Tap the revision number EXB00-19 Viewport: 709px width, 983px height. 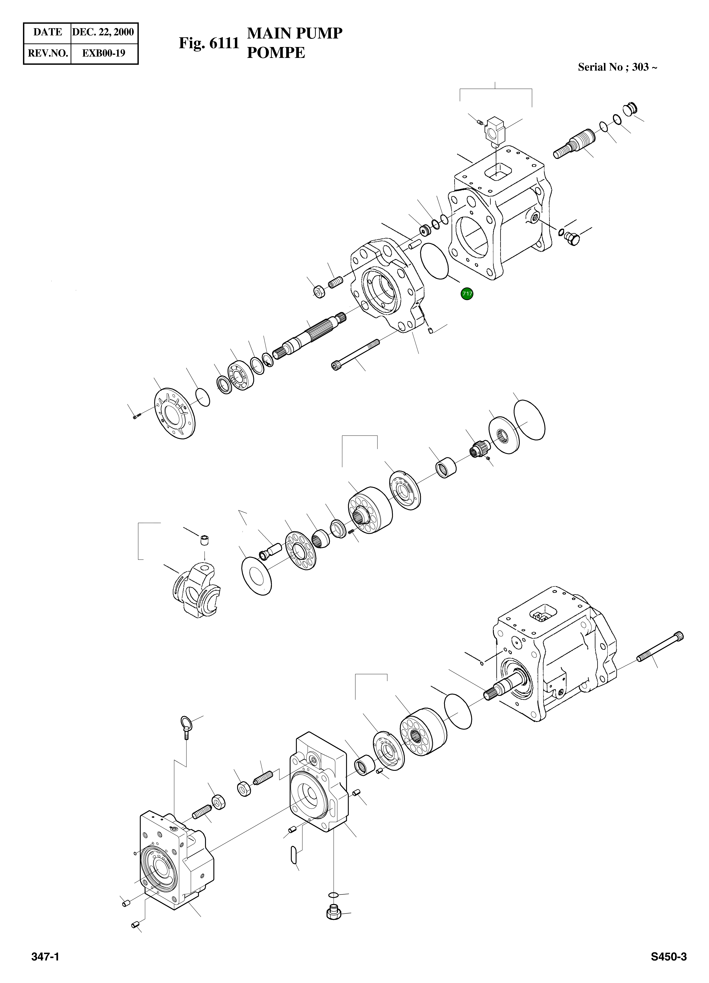pyautogui.click(x=104, y=53)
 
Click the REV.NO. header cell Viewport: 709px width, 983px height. pyautogui.click(x=48, y=53)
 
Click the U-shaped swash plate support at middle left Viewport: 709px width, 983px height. pyautogui.click(x=195, y=592)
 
